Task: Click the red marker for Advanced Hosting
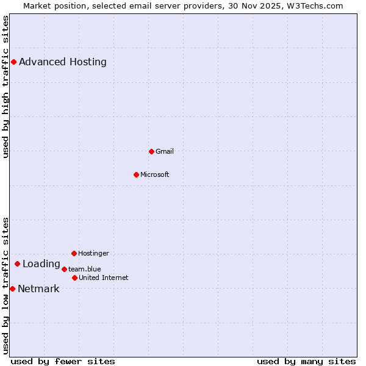pyautogui.click(x=13, y=62)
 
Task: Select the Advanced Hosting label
pyautogui.click(x=63, y=62)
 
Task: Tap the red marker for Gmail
pyautogui.click(x=152, y=151)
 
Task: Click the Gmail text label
pyautogui.click(x=165, y=151)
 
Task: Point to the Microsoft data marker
pyautogui.click(x=137, y=174)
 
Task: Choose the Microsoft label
pyautogui.click(x=155, y=174)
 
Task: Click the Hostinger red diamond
pyautogui.click(x=74, y=253)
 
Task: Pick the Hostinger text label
pyautogui.click(x=93, y=253)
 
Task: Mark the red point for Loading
pyautogui.click(x=18, y=264)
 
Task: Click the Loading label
pyautogui.click(x=41, y=264)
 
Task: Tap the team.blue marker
pyautogui.click(x=64, y=269)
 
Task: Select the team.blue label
pyautogui.click(x=85, y=269)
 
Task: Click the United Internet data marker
pyautogui.click(x=74, y=278)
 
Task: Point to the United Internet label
pyautogui.click(x=104, y=278)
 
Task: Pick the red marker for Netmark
pyautogui.click(x=12, y=289)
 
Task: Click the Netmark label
pyautogui.click(x=39, y=289)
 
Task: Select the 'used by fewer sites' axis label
pyautogui.click(x=63, y=361)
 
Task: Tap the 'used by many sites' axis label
pyautogui.click(x=306, y=361)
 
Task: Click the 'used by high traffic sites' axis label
pyautogui.click(x=5, y=87)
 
